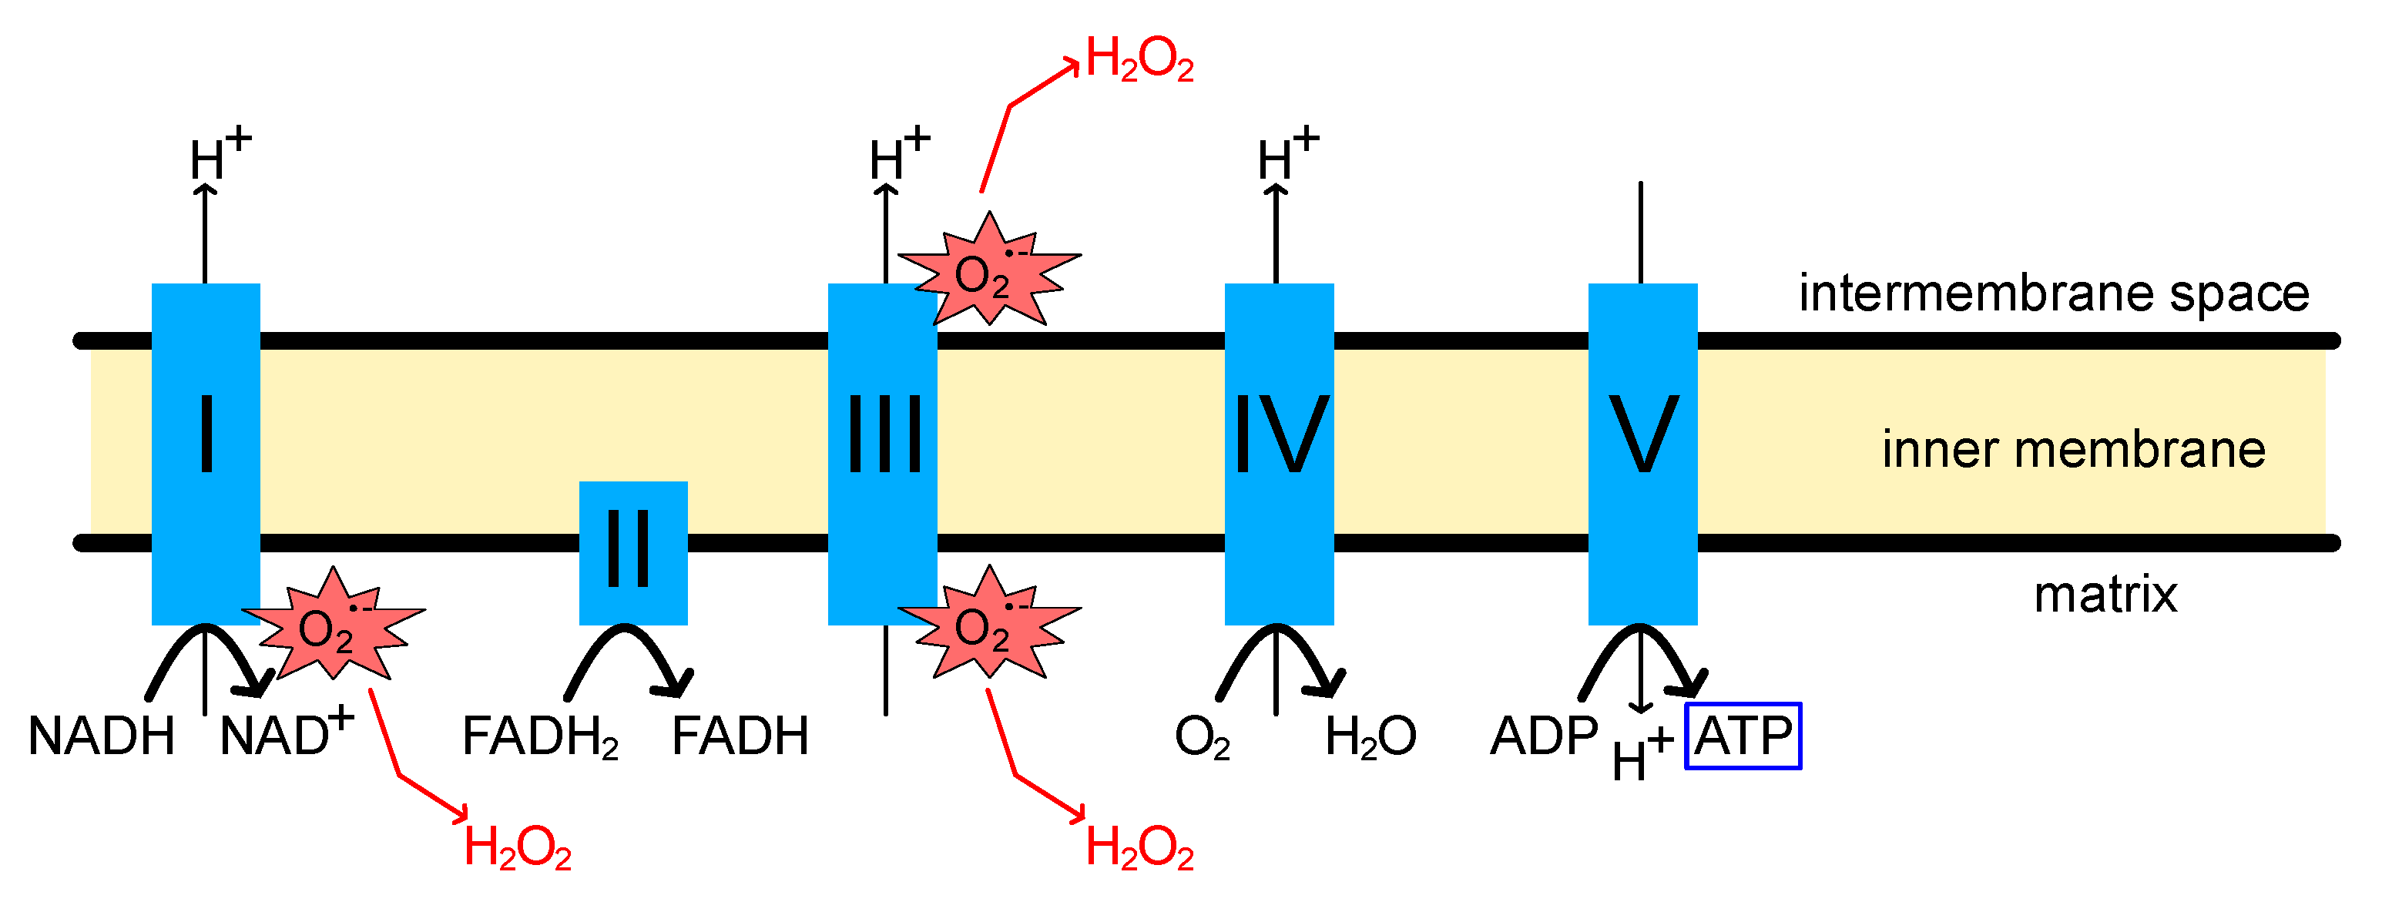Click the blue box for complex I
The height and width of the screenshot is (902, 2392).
pos(205,454)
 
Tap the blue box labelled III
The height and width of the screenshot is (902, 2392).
pos(882,454)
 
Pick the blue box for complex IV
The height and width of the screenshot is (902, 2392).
pos(1279,454)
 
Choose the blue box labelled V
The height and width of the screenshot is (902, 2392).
pos(1642,454)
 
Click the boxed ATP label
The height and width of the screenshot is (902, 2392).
pos(1743,736)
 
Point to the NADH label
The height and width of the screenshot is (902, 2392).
pos(101,736)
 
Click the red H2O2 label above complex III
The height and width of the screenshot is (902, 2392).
pos(1139,60)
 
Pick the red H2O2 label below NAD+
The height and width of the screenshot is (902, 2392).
pos(517,848)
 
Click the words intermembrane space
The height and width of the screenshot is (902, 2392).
pos(2054,294)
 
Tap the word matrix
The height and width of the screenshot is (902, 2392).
pos(2105,595)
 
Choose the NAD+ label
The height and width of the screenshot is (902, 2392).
pos(286,734)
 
